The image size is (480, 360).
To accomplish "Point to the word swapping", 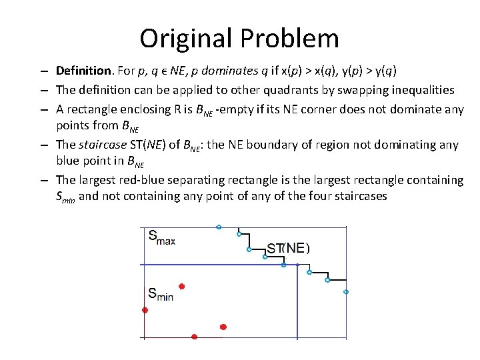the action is pyautogui.click(x=345, y=90).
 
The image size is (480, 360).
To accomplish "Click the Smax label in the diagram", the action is pyautogui.click(x=161, y=237).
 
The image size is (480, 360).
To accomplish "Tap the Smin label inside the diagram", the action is pyautogui.click(x=160, y=293).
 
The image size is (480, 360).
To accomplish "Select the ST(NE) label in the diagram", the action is pyautogui.click(x=288, y=248).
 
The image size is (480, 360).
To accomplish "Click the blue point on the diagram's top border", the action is pyautogui.click(x=219, y=227).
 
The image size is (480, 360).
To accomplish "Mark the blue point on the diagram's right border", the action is pyautogui.click(x=346, y=291).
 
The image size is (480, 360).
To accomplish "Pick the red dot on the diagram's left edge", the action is pyautogui.click(x=145, y=310).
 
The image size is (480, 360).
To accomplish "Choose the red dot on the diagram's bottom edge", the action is pyautogui.click(x=194, y=337).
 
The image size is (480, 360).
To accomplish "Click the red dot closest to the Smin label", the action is pyautogui.click(x=181, y=286).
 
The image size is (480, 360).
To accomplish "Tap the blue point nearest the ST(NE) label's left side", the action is pyautogui.click(x=249, y=249).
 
